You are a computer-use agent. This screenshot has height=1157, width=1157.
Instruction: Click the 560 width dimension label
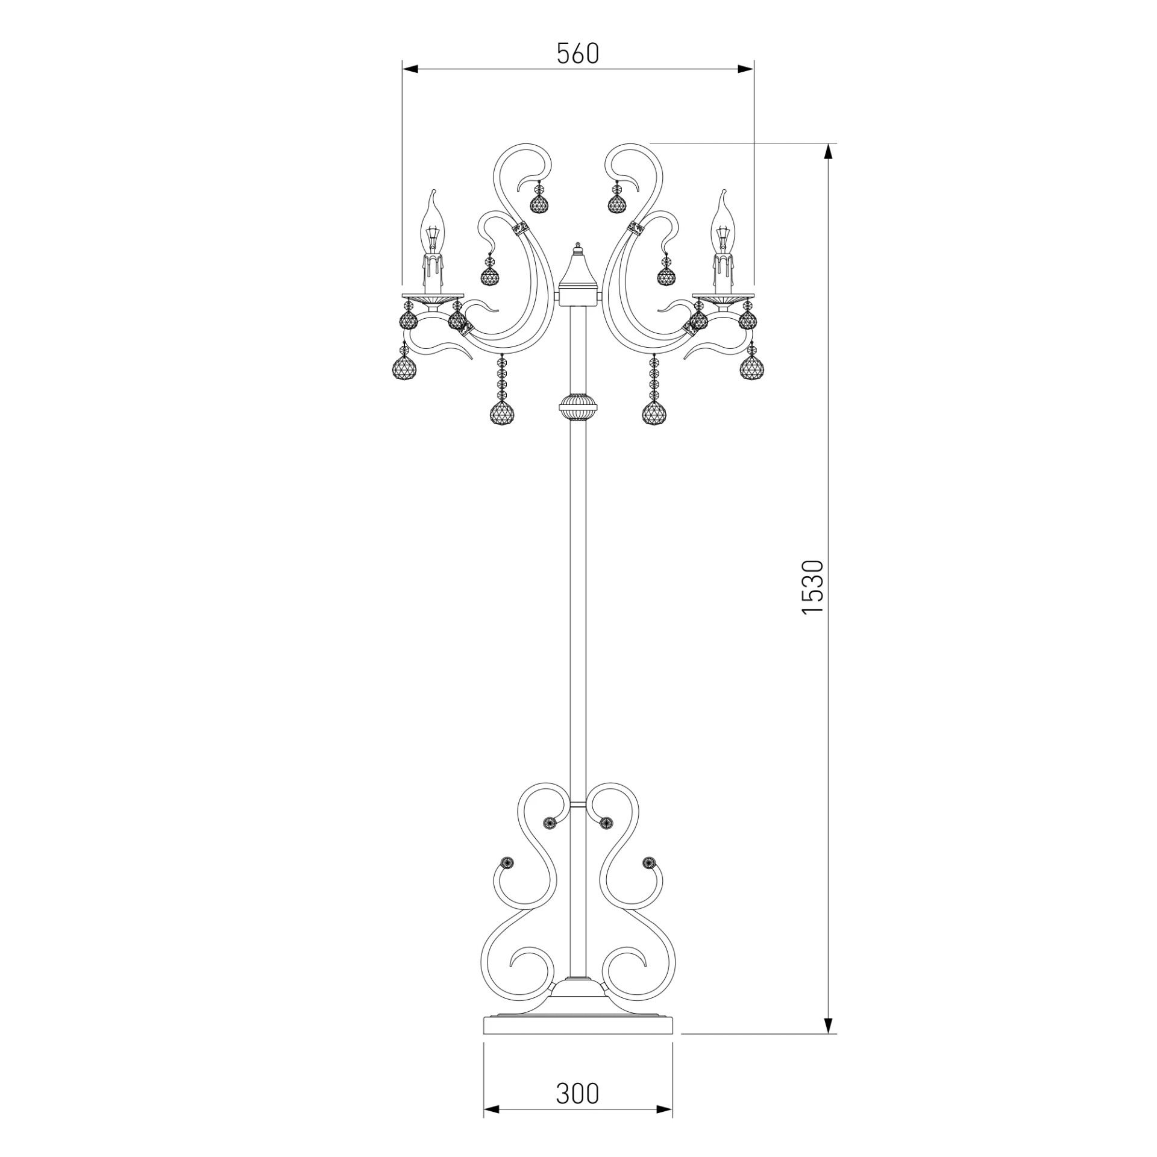[578, 54]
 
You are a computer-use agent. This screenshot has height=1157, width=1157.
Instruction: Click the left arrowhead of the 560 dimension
[410, 69]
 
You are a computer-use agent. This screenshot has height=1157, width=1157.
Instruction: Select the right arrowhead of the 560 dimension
[746, 69]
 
